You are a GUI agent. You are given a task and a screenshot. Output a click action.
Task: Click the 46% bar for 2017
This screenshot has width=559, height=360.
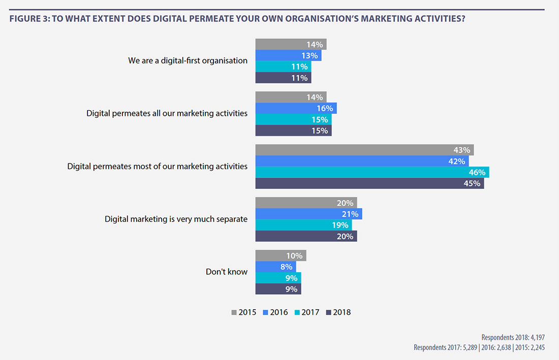tap(372, 172)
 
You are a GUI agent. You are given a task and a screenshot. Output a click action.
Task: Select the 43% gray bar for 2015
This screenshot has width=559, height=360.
tap(364, 150)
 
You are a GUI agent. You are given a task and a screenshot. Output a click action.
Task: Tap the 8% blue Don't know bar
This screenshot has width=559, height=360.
tap(275, 267)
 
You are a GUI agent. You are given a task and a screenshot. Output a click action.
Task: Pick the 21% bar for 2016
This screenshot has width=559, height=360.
tap(308, 214)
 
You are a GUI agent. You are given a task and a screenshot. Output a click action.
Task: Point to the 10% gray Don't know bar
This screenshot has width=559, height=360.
tap(281, 255)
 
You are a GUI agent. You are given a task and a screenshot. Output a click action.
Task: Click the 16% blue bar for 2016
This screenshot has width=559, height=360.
tap(296, 108)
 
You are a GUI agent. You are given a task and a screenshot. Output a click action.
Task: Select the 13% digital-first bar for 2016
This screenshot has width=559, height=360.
tap(288, 55)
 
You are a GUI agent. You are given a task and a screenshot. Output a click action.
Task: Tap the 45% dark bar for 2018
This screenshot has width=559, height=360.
tap(369, 183)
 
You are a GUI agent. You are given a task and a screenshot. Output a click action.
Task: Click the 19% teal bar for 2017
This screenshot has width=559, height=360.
tap(303, 225)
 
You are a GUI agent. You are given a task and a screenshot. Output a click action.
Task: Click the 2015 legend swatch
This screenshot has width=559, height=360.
tap(234, 312)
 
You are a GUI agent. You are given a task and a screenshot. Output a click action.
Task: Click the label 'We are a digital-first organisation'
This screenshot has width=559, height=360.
tap(188, 60)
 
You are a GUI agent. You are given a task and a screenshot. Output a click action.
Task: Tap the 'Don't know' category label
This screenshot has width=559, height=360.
tap(227, 272)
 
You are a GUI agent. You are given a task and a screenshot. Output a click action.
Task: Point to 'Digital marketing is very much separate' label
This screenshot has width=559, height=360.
tap(176, 219)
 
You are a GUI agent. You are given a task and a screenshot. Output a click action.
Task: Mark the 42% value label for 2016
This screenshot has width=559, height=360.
tap(456, 161)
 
